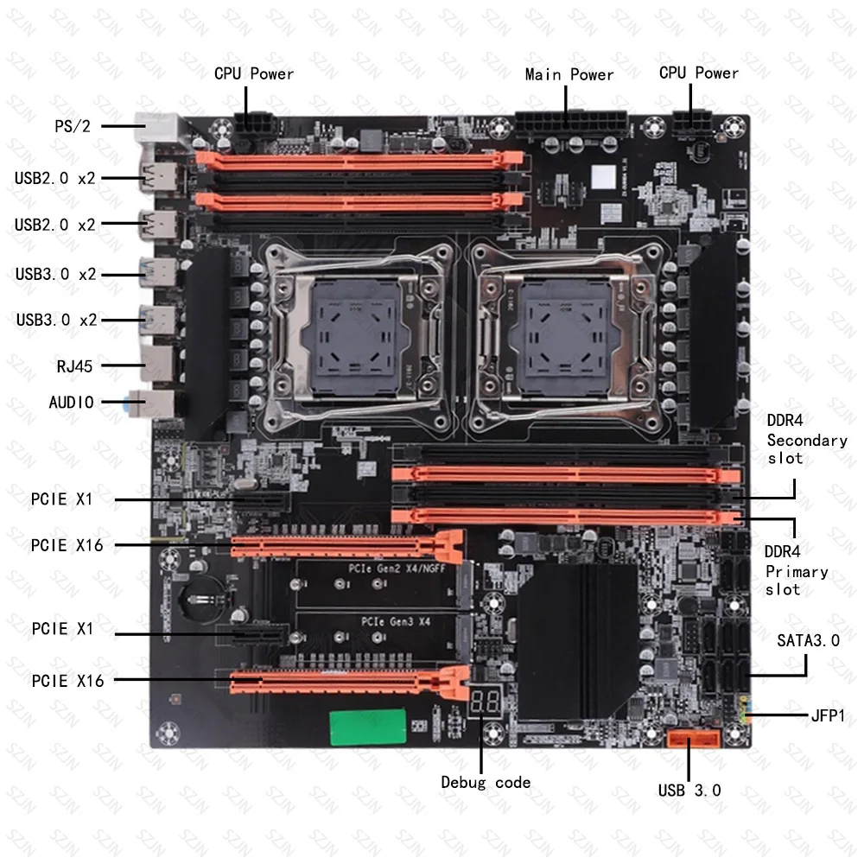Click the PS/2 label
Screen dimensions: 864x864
tap(73, 125)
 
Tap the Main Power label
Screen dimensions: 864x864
tap(569, 74)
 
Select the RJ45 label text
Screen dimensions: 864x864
tap(73, 365)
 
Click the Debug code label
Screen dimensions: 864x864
tap(486, 783)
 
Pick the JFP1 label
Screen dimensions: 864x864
tap(828, 715)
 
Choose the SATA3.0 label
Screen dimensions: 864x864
tap(808, 640)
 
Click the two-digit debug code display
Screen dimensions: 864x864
tap(484, 702)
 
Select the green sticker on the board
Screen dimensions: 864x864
tap(367, 727)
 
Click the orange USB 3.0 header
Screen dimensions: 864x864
tap(693, 740)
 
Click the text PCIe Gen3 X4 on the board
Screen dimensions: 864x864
tap(397, 621)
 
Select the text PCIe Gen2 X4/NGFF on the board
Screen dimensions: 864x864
tap(398, 567)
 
